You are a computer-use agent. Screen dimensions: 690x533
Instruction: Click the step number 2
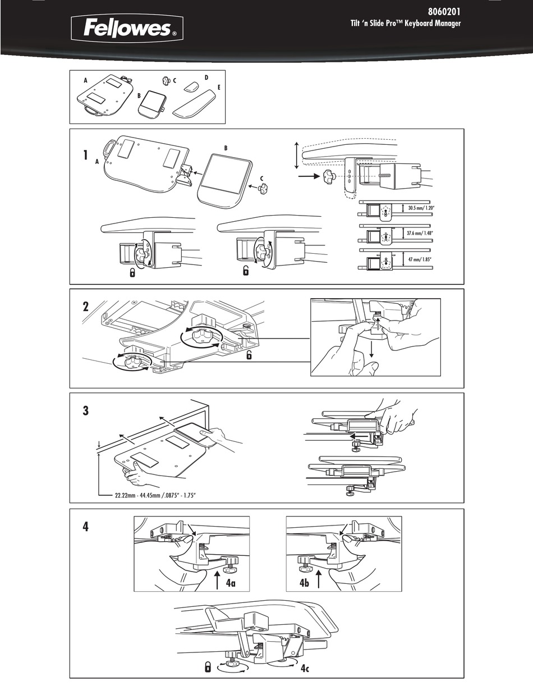[x=85, y=307]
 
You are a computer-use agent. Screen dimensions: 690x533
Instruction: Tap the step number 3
[x=85, y=410]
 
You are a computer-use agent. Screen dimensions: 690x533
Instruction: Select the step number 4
[x=85, y=527]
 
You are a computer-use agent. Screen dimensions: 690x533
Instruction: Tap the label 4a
[x=231, y=584]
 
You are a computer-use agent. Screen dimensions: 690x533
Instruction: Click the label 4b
[x=305, y=584]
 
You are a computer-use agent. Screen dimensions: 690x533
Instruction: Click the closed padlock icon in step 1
[x=132, y=273]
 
